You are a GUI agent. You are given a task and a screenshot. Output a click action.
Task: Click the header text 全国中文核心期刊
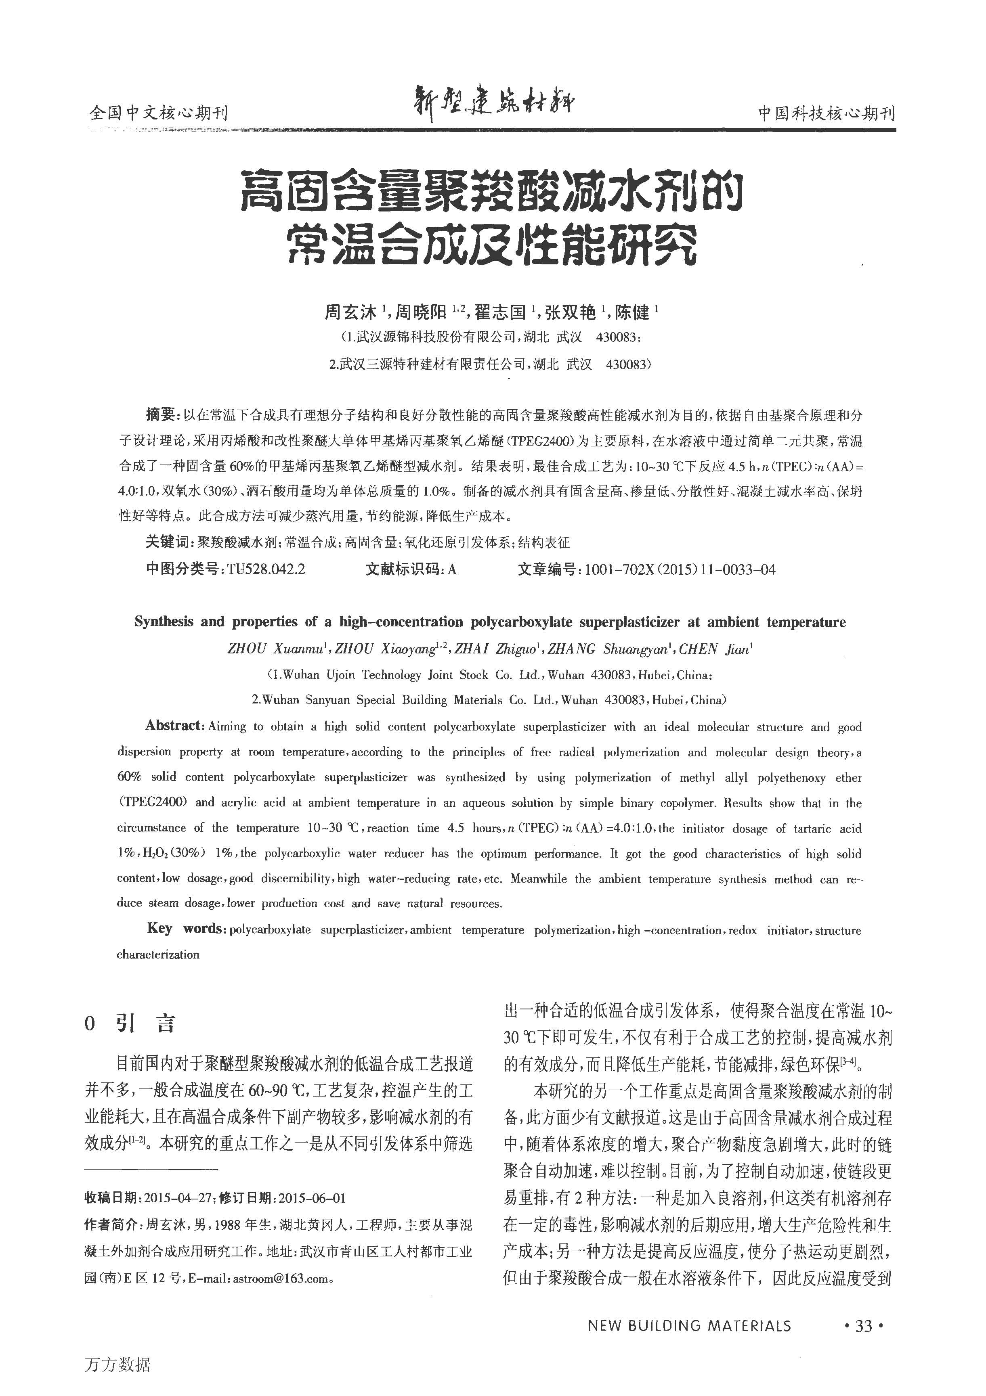[158, 113]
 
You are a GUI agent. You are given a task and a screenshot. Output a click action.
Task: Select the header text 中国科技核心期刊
[827, 113]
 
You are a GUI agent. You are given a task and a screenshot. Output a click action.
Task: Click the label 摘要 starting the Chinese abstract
[161, 415]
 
